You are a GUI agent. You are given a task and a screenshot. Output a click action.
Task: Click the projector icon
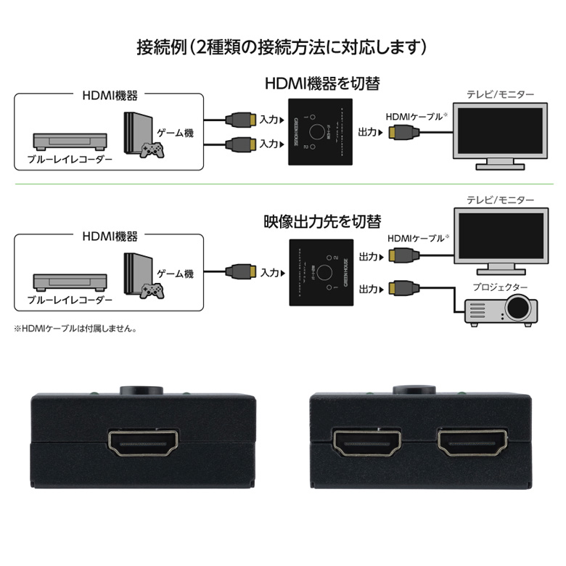coord(499,308)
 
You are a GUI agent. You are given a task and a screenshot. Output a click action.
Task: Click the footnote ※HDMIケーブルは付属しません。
coord(75,328)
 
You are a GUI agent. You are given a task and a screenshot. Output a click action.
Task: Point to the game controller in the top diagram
coord(151,150)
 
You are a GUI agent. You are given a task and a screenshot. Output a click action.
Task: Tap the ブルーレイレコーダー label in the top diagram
coord(70,159)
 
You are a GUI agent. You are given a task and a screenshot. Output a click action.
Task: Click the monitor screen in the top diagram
coord(497,130)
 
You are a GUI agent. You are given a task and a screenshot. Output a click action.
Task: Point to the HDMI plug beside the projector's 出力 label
coord(401,288)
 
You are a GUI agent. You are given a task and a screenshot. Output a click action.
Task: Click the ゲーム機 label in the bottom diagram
coord(175,274)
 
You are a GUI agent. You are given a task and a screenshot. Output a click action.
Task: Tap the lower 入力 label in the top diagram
coord(269,143)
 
